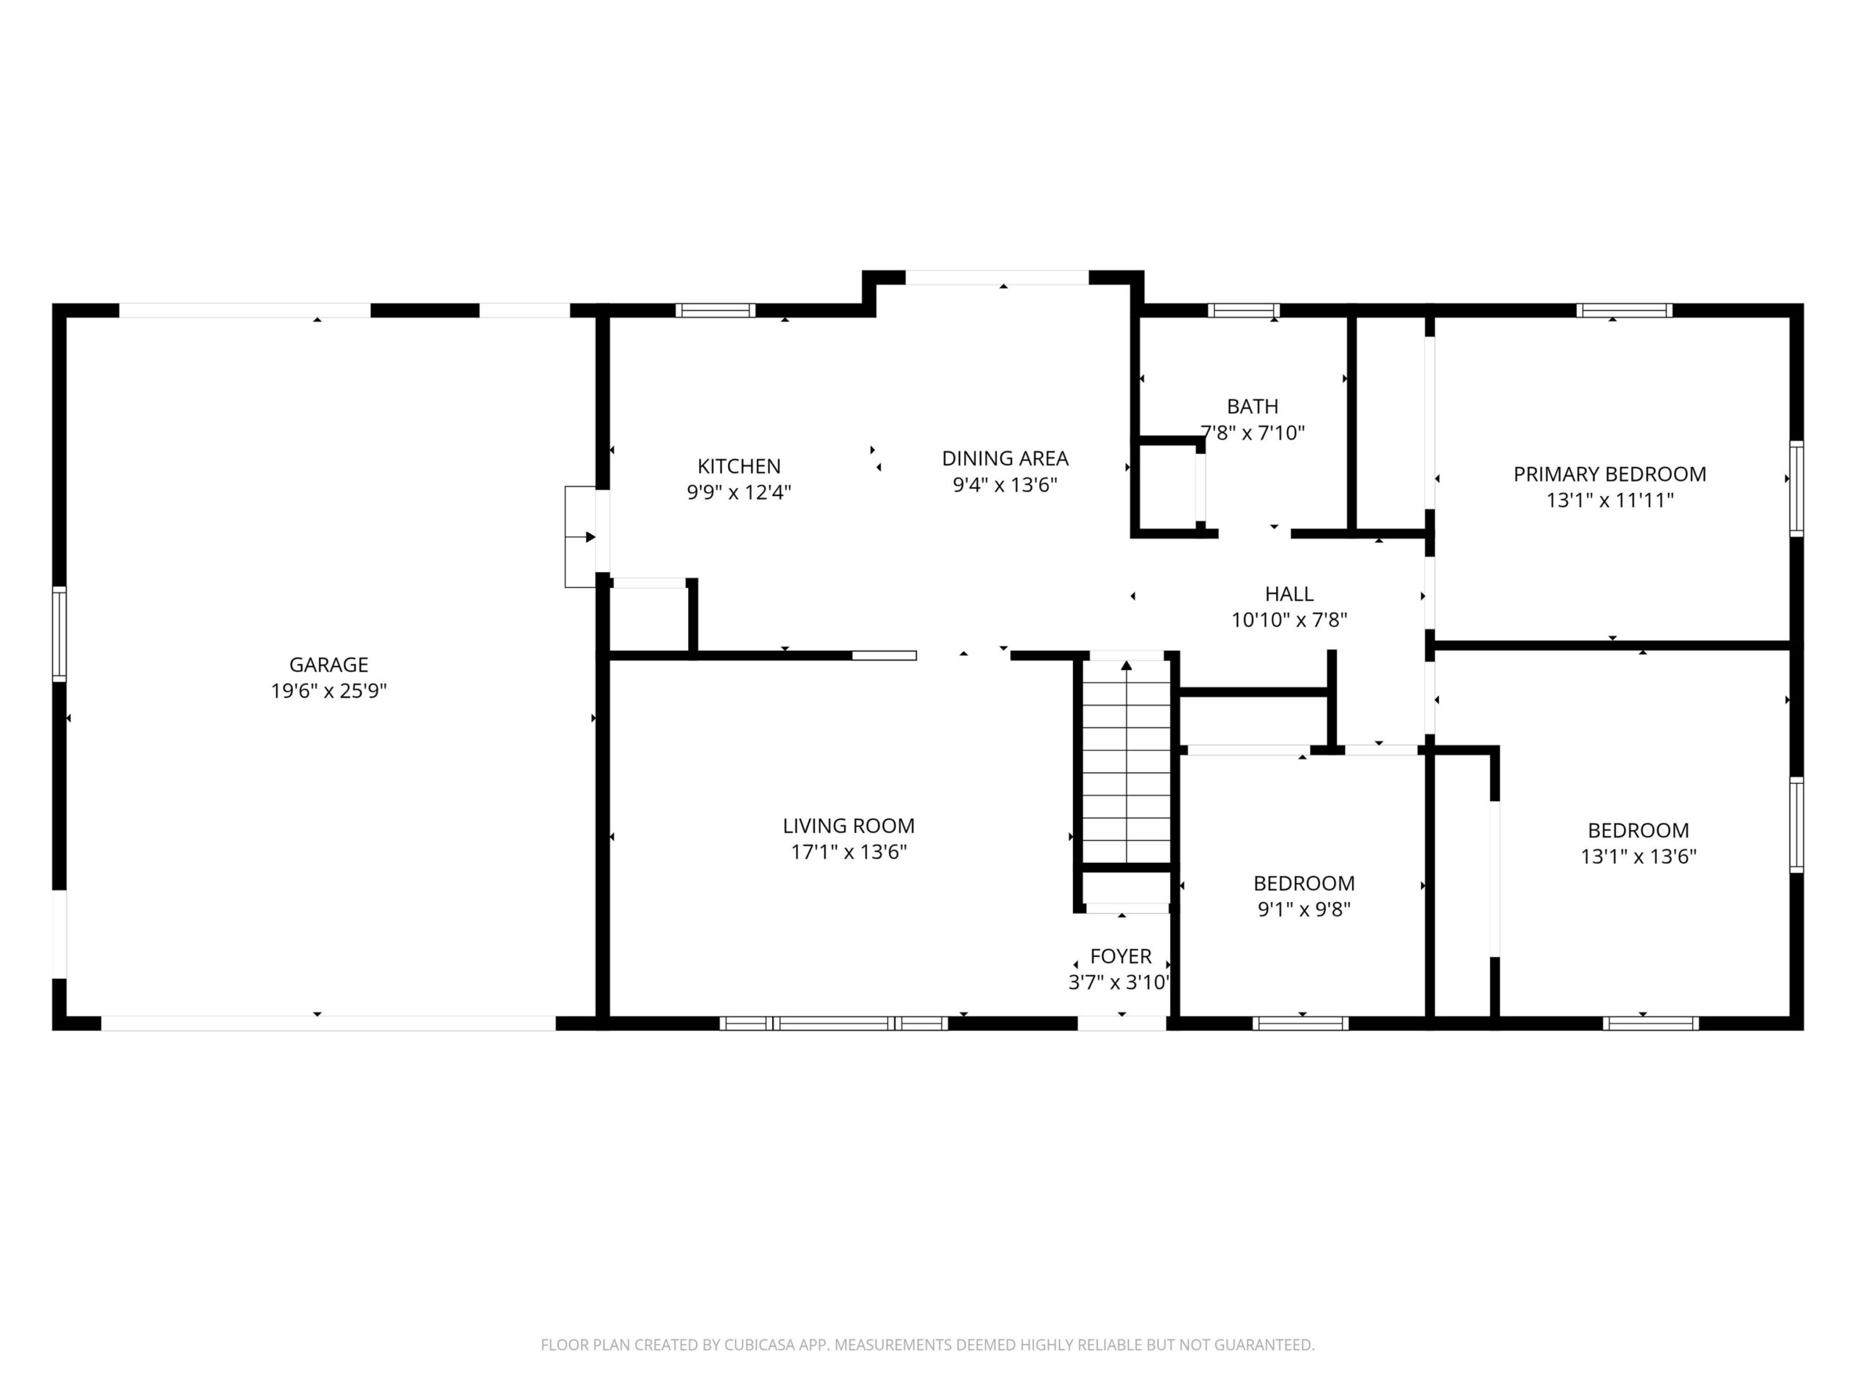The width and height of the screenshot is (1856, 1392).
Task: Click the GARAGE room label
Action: tap(328, 665)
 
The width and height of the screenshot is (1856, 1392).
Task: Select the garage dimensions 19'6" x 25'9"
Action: tap(328, 690)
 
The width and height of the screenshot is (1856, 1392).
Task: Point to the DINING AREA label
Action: tap(1004, 458)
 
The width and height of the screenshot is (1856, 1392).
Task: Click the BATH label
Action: tap(1252, 406)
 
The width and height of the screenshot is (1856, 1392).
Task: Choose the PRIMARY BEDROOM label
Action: tap(1609, 474)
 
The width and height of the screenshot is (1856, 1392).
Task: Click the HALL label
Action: tap(1289, 594)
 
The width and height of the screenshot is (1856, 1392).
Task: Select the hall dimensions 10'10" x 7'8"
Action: tap(1289, 620)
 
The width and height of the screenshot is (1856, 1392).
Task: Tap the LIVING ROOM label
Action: tap(848, 826)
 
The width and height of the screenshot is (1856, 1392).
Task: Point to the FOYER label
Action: tap(1120, 956)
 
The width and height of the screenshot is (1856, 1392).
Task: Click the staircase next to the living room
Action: tap(1126, 762)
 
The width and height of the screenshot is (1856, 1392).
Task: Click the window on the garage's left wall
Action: tap(59, 633)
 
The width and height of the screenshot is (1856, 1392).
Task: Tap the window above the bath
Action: tap(1243, 310)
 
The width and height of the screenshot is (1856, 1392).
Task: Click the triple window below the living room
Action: tap(833, 1023)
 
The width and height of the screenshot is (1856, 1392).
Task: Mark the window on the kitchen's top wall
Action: tap(715, 310)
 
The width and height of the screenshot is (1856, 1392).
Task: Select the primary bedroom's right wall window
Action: tap(1796, 489)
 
